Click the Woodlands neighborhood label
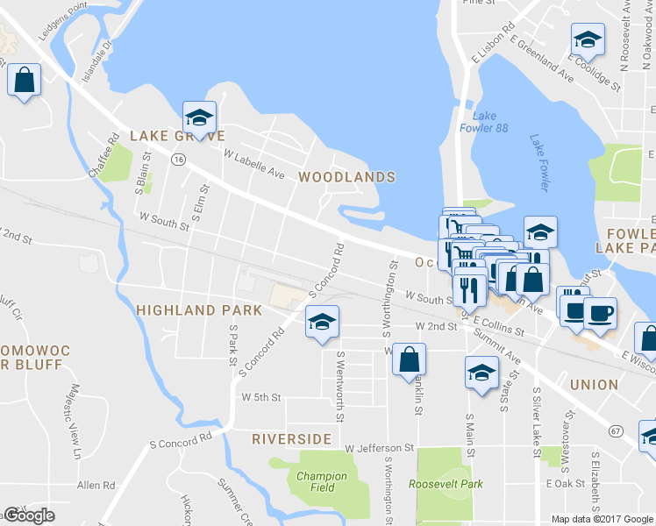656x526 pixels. [346, 177]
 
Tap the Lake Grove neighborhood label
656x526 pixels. [177, 136]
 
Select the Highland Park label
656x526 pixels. [199, 310]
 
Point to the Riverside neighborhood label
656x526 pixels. [292, 438]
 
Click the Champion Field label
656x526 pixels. [321, 482]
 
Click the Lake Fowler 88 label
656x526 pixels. [490, 122]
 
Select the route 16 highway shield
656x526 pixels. [178, 160]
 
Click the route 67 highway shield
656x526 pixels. [617, 430]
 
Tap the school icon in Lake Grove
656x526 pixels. [200, 117]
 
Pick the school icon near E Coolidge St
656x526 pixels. [587, 39]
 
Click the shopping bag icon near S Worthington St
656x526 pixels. [409, 359]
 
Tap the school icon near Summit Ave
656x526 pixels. [481, 373]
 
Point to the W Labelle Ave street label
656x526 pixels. [254, 163]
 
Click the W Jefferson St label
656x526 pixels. [379, 448]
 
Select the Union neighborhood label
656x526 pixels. [594, 385]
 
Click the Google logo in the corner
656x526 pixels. [29, 515]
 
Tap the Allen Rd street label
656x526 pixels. [96, 485]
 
